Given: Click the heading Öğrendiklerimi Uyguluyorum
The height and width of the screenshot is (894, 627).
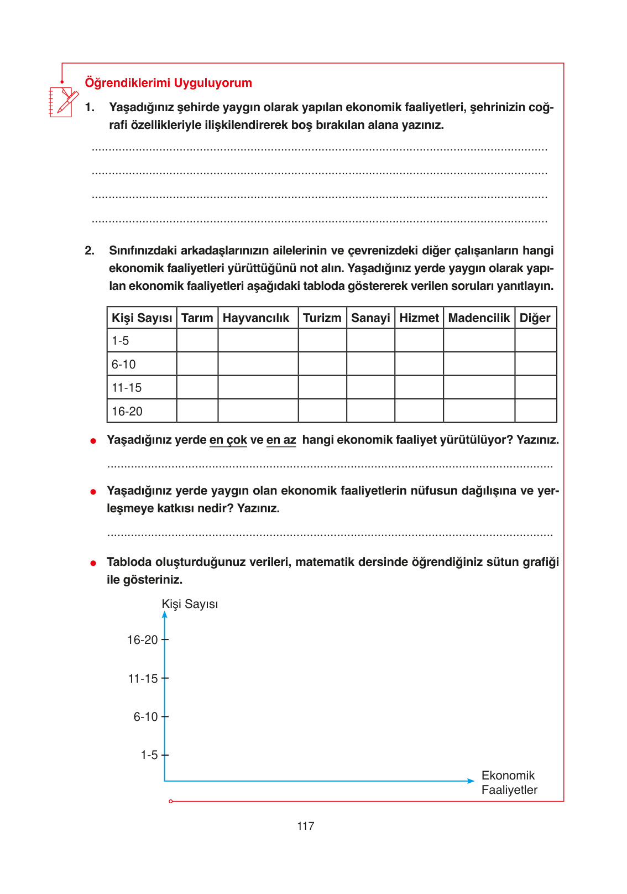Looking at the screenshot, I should pos(168,83).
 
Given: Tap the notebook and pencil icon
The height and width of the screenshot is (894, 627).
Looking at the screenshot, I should pos(63,101).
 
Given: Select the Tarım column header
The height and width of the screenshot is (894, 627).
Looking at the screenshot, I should pos(197,318).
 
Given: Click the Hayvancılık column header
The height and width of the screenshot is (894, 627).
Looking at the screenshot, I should pos(256,318).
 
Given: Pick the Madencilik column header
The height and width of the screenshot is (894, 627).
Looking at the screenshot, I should pos(479,318).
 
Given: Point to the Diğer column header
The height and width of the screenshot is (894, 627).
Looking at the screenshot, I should pos(535,318).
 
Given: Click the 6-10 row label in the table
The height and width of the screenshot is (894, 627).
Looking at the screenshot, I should pos(124,365).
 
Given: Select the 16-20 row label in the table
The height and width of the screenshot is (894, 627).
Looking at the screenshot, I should pos(127,412).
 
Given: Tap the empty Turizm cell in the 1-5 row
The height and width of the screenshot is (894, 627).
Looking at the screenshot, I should pos(322,341).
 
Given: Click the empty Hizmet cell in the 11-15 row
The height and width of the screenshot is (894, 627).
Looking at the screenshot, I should pos(419,388).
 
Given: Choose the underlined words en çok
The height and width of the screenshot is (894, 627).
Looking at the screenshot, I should pos(228,440).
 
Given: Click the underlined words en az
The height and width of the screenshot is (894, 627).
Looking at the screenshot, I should pos(281,440).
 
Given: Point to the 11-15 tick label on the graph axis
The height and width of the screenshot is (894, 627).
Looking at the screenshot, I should pos(143,679).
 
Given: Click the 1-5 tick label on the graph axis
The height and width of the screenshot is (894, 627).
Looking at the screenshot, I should pos(149,755).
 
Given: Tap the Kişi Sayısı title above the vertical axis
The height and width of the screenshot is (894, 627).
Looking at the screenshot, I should pos(190,604).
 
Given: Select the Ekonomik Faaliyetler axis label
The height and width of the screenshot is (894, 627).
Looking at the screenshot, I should pos(509,783).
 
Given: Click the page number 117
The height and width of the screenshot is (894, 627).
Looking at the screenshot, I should pos(305,826).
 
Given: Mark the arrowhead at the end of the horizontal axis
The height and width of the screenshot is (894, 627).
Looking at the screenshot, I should pos(471,781).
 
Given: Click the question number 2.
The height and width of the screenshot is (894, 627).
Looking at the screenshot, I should pos(89,251).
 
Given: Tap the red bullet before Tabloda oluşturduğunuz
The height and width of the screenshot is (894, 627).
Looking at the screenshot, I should pos(93,563).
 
